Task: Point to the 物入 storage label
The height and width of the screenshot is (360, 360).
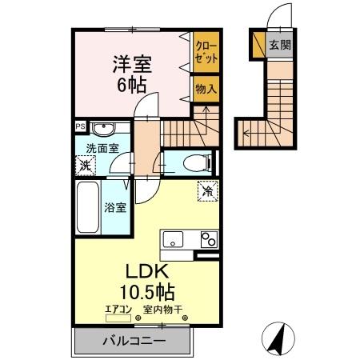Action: [206, 89]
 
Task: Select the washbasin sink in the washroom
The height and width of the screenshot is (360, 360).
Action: [102, 129]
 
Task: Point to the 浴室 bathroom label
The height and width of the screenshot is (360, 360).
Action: [114, 208]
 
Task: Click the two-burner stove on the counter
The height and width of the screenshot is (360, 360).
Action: [210, 240]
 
